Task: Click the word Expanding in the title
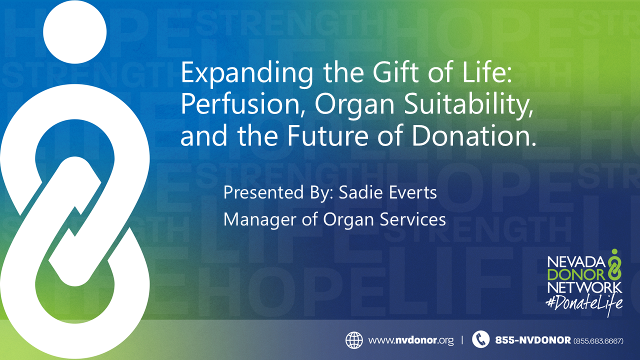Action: (247, 73)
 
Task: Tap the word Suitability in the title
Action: (468, 105)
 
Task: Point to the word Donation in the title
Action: (473, 135)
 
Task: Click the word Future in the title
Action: (327, 135)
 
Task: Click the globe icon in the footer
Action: (354, 340)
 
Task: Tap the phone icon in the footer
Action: (481, 339)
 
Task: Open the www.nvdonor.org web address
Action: (411, 340)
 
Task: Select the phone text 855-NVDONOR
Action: (533, 340)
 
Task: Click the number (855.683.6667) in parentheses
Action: (598, 341)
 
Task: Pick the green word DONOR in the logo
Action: (576, 275)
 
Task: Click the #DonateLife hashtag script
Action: (584, 303)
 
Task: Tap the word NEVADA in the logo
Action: (576, 261)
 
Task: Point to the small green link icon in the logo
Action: (614, 264)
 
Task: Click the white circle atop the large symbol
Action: (75, 31)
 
